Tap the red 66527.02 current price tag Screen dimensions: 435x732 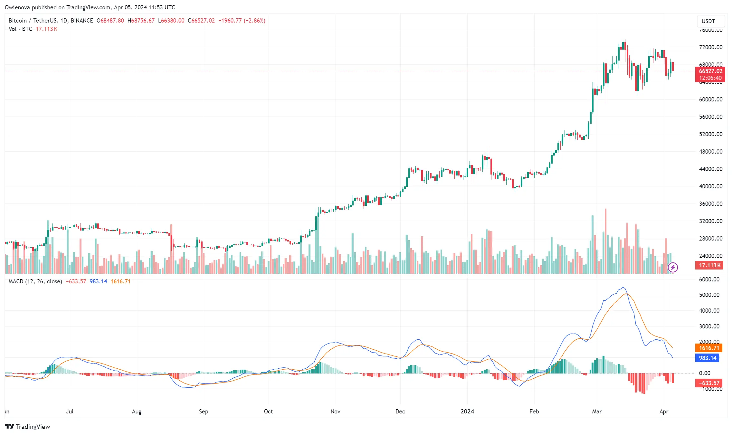(710, 71)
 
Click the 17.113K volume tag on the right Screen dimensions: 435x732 (709, 265)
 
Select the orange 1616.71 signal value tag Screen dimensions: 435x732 (709, 348)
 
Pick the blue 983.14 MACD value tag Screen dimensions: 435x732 (708, 358)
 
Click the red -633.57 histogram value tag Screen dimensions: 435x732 (709, 383)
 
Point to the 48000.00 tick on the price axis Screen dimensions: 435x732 (710, 152)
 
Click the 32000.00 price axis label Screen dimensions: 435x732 (710, 221)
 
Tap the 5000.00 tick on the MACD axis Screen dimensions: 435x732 (709, 295)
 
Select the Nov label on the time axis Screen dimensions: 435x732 (335, 411)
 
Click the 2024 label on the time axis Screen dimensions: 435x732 (467, 411)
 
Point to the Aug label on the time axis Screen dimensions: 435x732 (137, 411)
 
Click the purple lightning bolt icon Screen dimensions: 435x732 (673, 267)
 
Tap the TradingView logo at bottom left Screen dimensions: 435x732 (28, 427)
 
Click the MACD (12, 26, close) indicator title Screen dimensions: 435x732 (35, 281)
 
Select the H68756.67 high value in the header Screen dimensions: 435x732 (141, 21)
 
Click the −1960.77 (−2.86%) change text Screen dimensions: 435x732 (242, 21)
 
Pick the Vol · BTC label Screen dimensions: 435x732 (20, 29)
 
